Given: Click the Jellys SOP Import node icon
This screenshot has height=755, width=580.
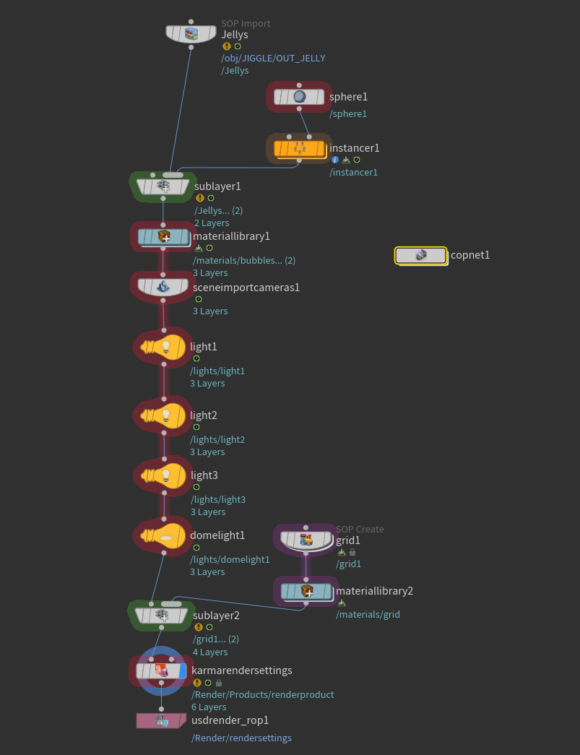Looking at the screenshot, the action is pyautogui.click(x=191, y=34).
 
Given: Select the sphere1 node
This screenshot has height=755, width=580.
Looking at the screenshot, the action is pyautogui.click(x=299, y=97).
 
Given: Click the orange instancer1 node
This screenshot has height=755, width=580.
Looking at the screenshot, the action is pyautogui.click(x=299, y=148).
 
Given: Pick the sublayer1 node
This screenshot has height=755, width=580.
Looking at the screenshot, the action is pyautogui.click(x=163, y=186).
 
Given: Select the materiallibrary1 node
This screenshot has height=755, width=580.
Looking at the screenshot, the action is pyautogui.click(x=163, y=236).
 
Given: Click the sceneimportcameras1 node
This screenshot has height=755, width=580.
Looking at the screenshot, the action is pyautogui.click(x=163, y=287).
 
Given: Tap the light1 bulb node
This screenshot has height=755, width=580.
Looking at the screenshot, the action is pyautogui.click(x=164, y=347).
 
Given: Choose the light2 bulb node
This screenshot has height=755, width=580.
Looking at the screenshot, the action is pyautogui.click(x=164, y=415).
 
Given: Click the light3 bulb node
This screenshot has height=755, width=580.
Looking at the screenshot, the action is pyautogui.click(x=164, y=475).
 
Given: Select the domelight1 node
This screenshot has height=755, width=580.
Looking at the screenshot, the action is pyautogui.click(x=164, y=535).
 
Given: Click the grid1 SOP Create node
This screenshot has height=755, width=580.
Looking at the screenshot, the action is pyautogui.click(x=306, y=540).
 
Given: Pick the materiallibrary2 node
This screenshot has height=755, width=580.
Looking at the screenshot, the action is pyautogui.click(x=306, y=591).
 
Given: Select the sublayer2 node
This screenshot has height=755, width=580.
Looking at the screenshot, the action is pyautogui.click(x=161, y=616).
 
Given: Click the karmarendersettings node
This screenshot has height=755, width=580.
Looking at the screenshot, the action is pyautogui.click(x=161, y=670).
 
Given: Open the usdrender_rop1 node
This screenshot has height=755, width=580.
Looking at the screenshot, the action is pyautogui.click(x=161, y=720).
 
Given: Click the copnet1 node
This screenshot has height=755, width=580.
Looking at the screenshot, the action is pyautogui.click(x=420, y=255).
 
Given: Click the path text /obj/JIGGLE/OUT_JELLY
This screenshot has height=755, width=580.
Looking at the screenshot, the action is pyautogui.click(x=273, y=59).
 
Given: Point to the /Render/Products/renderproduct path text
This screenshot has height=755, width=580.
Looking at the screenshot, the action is pyautogui.click(x=262, y=695).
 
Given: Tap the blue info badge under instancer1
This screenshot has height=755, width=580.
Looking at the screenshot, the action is pyautogui.click(x=335, y=160).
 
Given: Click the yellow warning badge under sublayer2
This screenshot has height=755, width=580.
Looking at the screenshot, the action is pyautogui.click(x=199, y=627).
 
